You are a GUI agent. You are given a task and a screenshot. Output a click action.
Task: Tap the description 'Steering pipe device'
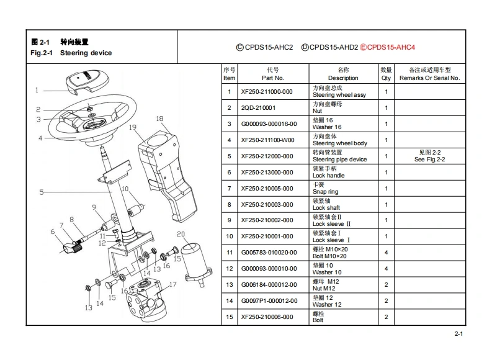(339, 160)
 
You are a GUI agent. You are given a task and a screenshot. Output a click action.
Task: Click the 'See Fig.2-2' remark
(429, 160)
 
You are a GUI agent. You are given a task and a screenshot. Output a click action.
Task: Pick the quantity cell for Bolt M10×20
(386, 253)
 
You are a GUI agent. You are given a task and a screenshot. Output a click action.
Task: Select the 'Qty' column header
(386, 78)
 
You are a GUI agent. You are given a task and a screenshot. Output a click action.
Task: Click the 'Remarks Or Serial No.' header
(429, 78)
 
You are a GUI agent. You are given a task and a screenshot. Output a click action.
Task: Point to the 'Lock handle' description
(328, 176)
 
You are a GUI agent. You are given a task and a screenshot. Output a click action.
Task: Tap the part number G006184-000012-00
(268, 285)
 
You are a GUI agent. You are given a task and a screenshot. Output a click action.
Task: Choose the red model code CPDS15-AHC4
(391, 47)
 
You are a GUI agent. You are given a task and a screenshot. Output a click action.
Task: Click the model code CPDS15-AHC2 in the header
(269, 47)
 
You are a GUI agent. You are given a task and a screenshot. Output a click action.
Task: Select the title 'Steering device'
(86, 53)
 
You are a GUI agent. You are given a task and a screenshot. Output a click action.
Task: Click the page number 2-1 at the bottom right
(458, 334)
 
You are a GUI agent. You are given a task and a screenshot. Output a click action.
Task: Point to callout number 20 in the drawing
(181, 235)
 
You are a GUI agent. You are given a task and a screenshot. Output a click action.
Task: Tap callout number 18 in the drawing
(159, 119)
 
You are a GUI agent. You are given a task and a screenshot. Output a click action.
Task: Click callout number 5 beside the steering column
(42, 192)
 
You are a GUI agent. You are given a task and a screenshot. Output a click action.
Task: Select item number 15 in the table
(230, 317)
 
